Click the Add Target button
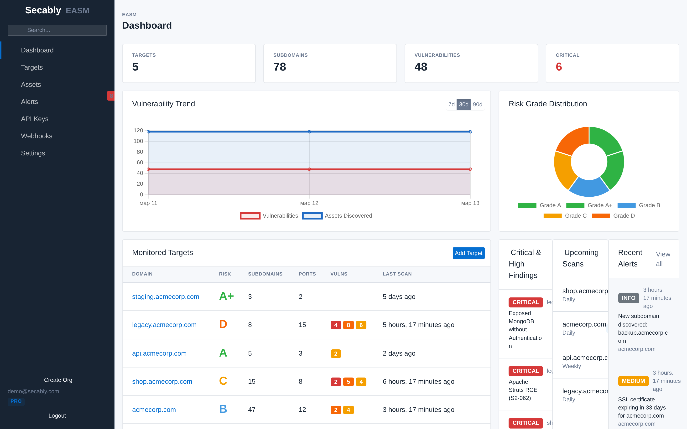coord(468,253)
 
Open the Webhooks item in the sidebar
coord(37,136)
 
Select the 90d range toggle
coord(478,104)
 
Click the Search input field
coord(57,30)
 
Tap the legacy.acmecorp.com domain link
coord(164,325)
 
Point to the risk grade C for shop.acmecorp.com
coord(223,381)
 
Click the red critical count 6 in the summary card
coord(559,67)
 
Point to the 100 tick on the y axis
coord(138,141)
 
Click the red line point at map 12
coord(309,169)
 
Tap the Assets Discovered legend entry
coord(337,216)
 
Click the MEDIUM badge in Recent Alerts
coord(633,381)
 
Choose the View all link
coord(663,259)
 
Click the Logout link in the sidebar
coord(57,415)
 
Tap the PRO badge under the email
coord(16,401)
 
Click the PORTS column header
coord(307,274)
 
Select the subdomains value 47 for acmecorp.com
coord(251,409)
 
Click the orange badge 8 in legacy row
coord(348,325)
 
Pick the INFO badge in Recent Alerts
coord(628,298)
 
